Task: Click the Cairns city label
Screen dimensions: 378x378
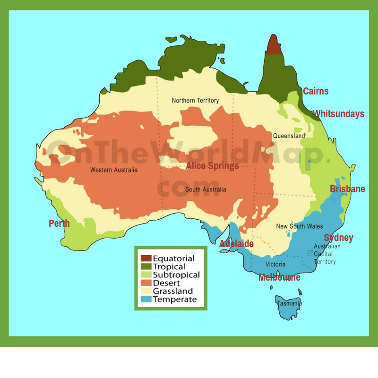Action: [x=316, y=91]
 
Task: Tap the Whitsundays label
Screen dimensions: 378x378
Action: [x=338, y=114]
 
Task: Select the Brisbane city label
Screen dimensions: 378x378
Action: [x=347, y=189]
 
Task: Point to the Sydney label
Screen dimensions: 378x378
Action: [x=338, y=238]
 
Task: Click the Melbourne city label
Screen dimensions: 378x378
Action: [x=279, y=277]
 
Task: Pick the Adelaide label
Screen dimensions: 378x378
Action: [x=236, y=244]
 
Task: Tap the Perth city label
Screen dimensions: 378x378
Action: [x=59, y=223]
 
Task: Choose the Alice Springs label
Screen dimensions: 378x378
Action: [x=212, y=166]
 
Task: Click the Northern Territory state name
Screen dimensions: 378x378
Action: [x=195, y=100]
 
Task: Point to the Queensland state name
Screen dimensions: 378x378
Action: [x=289, y=136]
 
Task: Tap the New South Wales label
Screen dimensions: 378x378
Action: [x=300, y=226]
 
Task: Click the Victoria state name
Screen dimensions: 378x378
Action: [x=275, y=264]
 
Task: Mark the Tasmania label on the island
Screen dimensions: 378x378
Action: [x=289, y=303]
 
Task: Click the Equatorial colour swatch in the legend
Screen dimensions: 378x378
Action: [x=146, y=258]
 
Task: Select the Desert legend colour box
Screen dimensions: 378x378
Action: [x=146, y=283]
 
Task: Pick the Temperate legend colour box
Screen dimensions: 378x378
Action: [x=146, y=299]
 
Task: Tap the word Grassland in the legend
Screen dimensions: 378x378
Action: [x=172, y=291]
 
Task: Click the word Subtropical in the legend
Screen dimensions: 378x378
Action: [x=176, y=275]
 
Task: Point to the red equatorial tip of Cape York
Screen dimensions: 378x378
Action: [x=274, y=45]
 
